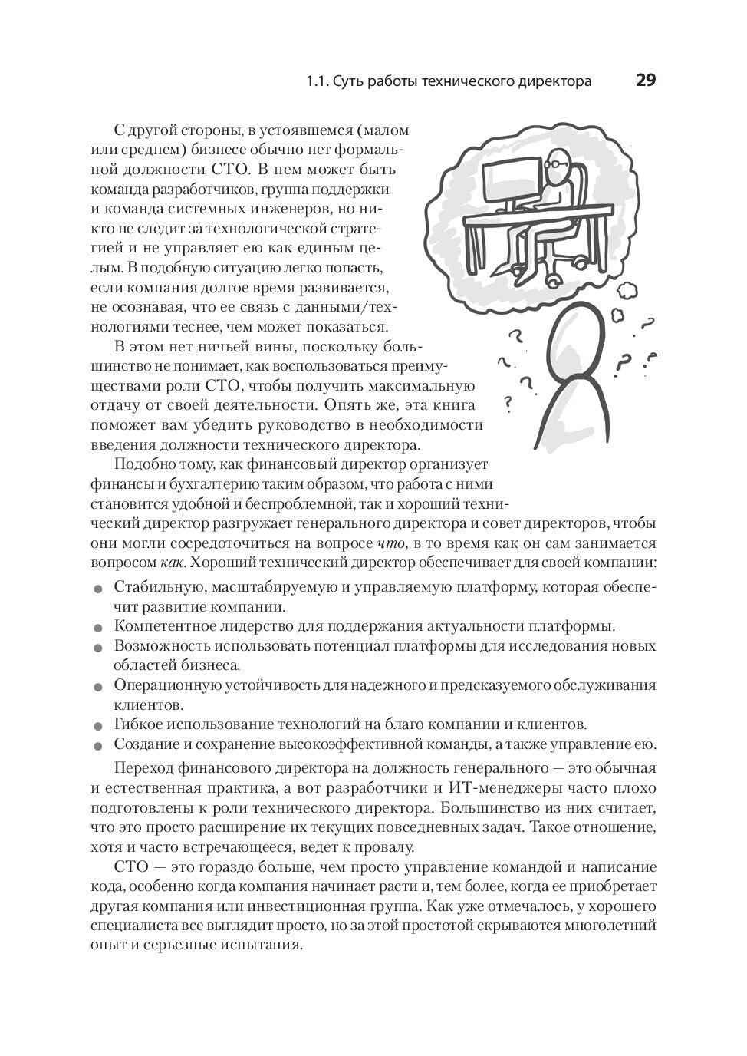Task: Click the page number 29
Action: (x=645, y=81)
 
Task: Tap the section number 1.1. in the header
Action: (x=318, y=81)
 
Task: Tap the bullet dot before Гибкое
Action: (x=97, y=725)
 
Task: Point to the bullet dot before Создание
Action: (x=97, y=745)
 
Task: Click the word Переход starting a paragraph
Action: (x=142, y=768)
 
